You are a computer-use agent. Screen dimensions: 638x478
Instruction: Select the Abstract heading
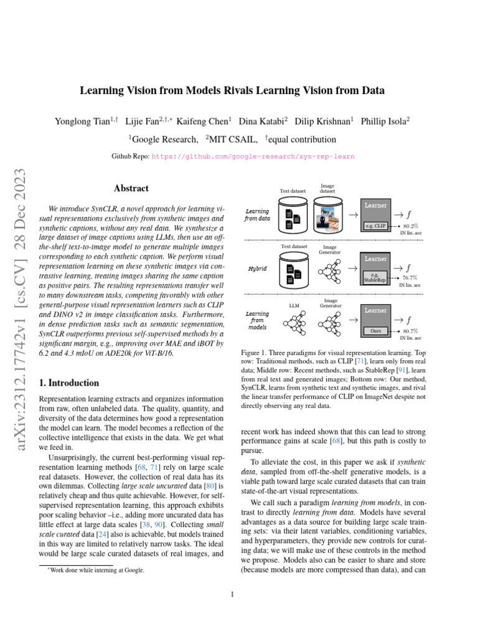(x=131, y=188)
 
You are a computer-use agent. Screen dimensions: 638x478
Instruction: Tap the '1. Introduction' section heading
(x=68, y=383)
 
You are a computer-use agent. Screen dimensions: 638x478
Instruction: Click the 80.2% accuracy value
(x=410, y=226)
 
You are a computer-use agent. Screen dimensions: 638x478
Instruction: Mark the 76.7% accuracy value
(x=410, y=277)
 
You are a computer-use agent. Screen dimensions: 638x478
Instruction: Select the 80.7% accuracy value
(x=410, y=331)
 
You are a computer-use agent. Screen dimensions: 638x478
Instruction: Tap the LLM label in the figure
(x=294, y=306)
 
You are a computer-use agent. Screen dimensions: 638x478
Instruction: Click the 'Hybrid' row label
(x=257, y=269)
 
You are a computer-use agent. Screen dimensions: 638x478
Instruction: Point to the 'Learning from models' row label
(x=258, y=320)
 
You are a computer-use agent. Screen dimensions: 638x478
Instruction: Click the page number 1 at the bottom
(x=232, y=594)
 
